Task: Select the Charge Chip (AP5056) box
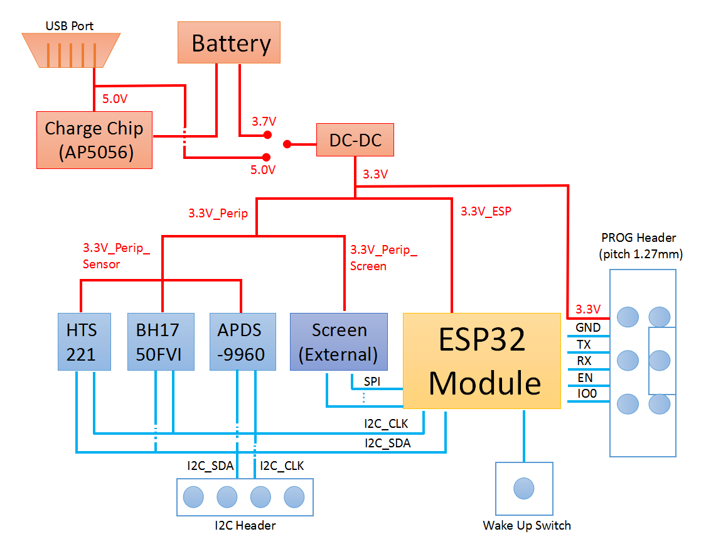[94, 140]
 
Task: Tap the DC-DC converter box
[355, 140]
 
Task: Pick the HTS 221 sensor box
[84, 341]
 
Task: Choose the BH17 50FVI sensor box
[158, 341]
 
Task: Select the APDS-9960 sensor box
[242, 341]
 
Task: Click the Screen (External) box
[338, 341]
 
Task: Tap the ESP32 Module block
[481, 361]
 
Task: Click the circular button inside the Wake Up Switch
[523, 488]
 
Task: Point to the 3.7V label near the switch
[264, 121]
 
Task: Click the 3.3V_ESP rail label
[486, 212]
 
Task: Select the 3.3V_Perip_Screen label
[383, 258]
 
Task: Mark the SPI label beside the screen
[372, 381]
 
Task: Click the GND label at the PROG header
[588, 327]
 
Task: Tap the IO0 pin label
[587, 395]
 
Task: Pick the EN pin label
[584, 378]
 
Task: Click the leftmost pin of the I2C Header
[193, 497]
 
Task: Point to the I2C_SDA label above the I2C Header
[210, 466]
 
